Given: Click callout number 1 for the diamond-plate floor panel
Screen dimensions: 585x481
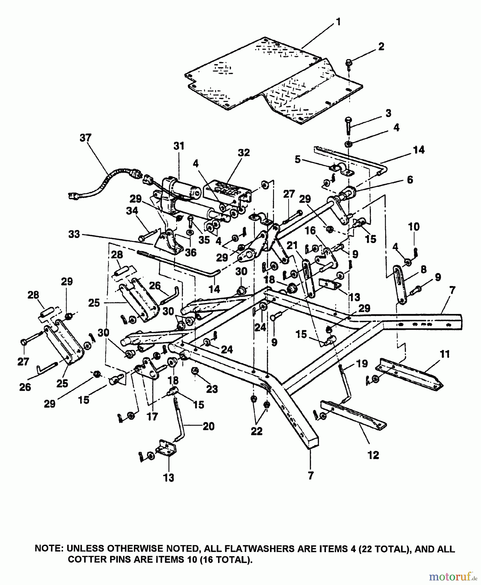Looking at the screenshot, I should coord(338,22).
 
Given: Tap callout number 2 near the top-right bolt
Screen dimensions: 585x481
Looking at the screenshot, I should coord(381,46).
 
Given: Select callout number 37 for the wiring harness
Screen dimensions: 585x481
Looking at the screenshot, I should coord(85,138).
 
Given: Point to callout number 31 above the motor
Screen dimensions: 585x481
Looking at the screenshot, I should coord(179,146).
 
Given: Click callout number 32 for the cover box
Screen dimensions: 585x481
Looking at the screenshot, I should coord(244,152).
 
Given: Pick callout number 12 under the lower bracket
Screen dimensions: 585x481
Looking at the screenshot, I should coord(373,455).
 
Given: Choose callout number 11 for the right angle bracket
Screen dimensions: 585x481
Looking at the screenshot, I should coord(445,354).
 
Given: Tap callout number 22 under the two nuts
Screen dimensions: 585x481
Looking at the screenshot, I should coord(257,431).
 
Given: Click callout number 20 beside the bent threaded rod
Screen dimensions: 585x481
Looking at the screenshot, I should coord(208,426).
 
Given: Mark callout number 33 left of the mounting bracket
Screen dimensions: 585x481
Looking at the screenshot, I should coord(74,234).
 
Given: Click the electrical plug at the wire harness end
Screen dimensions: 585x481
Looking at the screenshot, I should coord(72,196).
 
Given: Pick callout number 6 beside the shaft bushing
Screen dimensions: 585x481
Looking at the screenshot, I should coord(410,179).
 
